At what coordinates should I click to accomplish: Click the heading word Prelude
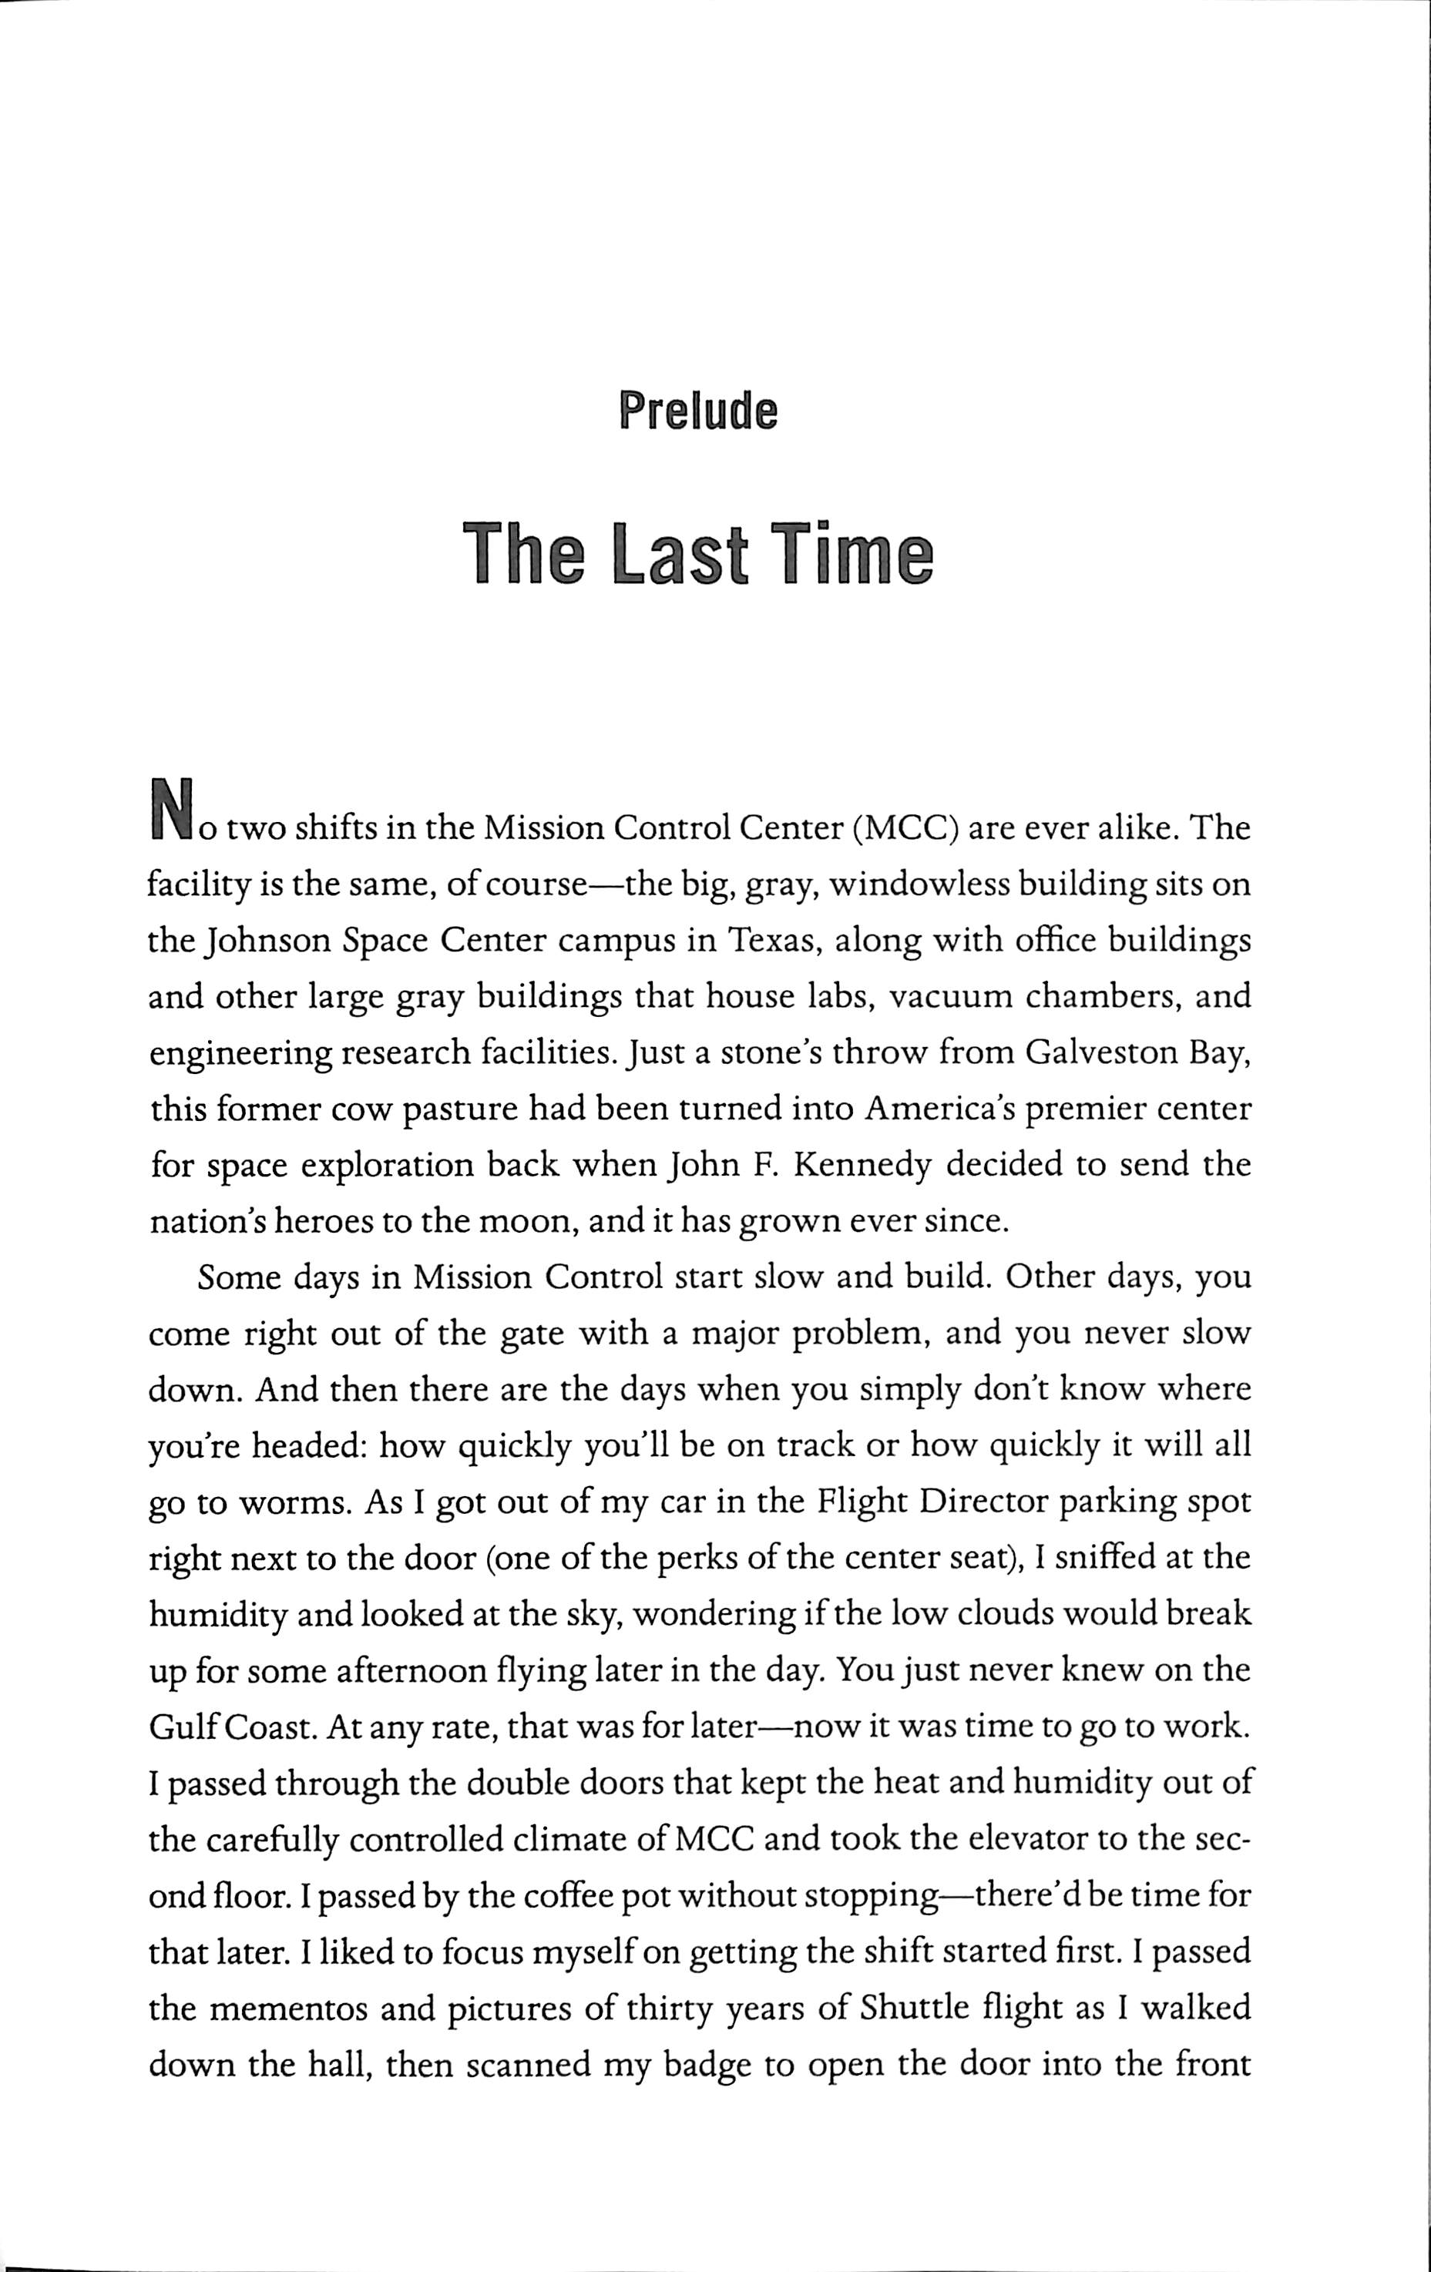(x=697, y=411)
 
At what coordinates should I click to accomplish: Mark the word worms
(x=293, y=1503)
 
